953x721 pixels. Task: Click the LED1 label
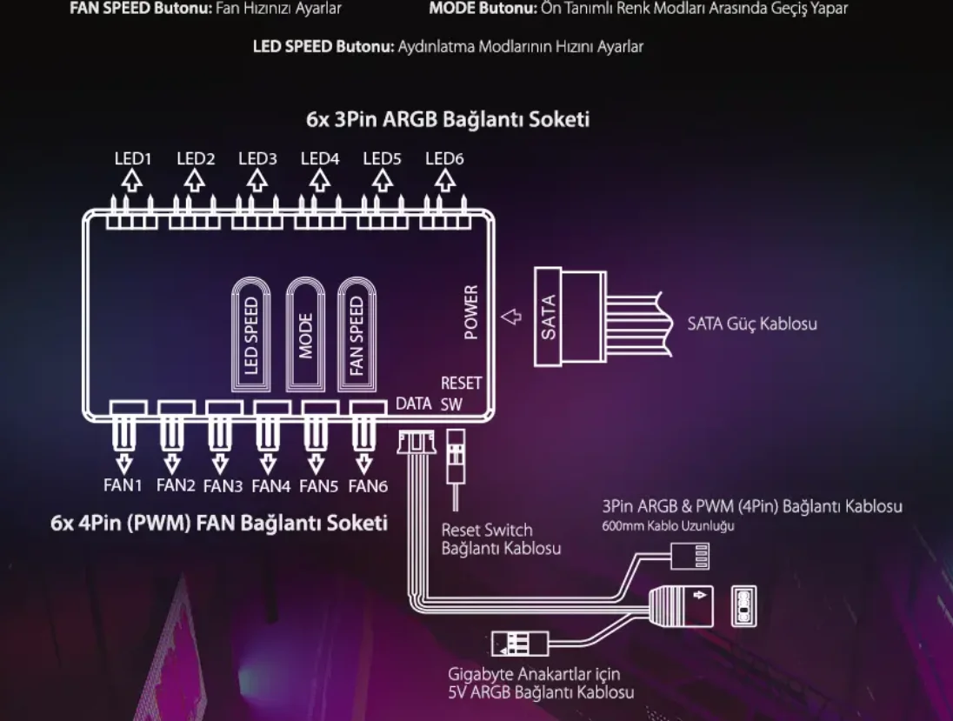tap(133, 158)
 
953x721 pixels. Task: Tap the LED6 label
tap(444, 158)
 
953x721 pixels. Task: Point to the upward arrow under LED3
tap(257, 180)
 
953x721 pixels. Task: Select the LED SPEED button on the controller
tap(251, 335)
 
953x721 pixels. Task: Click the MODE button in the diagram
tap(306, 335)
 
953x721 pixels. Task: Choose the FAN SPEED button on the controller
tap(356, 335)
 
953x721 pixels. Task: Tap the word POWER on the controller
tap(471, 311)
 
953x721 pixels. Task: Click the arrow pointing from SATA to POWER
tap(512, 317)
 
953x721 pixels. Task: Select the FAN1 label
tap(124, 485)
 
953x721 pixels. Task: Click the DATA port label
tap(413, 404)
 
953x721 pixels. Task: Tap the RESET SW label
tap(460, 393)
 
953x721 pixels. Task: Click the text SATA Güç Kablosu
tap(751, 324)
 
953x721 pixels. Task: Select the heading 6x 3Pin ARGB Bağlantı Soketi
tap(447, 119)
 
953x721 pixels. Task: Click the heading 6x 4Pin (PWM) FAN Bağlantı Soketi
tap(218, 524)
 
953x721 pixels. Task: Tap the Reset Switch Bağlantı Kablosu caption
tap(500, 539)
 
